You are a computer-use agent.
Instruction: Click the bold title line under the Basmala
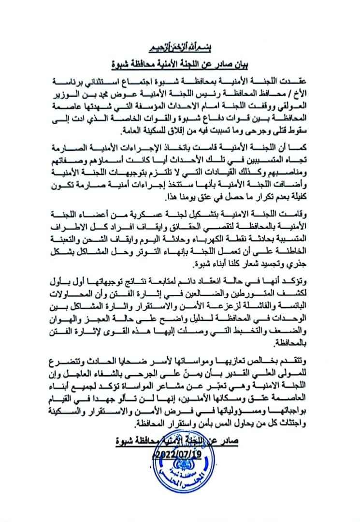[179, 63]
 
